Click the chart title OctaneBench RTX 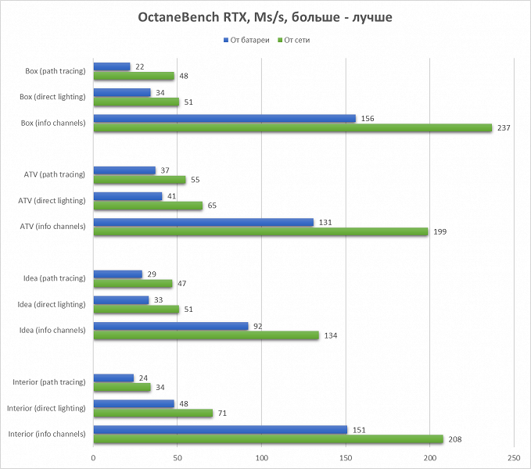[x=264, y=17]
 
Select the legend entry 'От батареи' [x=239, y=39]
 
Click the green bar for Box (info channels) [x=292, y=127]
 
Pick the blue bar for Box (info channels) [x=224, y=118]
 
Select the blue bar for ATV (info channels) [x=203, y=222]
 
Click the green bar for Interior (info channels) [x=268, y=439]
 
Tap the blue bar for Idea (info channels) [x=170, y=326]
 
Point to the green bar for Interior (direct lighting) [x=153, y=413]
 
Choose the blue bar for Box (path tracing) [x=112, y=66]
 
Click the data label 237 [x=504, y=127]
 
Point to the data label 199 [x=440, y=231]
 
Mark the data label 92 [x=258, y=326]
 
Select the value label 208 [x=454, y=439]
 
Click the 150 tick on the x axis [x=346, y=456]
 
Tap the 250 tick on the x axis [x=514, y=456]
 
